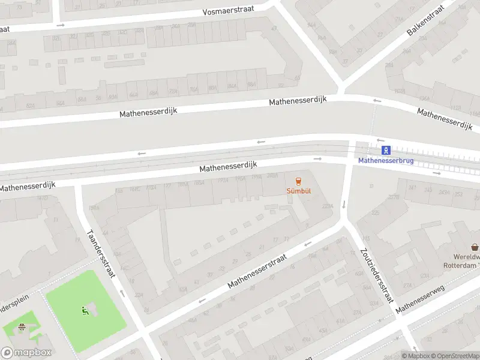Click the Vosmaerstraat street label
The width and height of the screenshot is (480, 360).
pos(229,11)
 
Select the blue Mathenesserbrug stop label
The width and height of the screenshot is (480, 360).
pos(386,161)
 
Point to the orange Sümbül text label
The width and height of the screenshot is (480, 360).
pos(298,191)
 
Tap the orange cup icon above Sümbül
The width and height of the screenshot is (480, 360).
pos(298,181)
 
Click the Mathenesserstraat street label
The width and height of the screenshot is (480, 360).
pos(257,270)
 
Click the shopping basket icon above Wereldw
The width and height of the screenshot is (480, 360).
pos(475,247)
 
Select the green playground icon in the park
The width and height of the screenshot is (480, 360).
pos(85,311)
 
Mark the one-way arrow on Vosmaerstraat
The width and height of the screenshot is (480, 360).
pos(60,25)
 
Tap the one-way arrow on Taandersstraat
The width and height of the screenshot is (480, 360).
pos(121,294)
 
